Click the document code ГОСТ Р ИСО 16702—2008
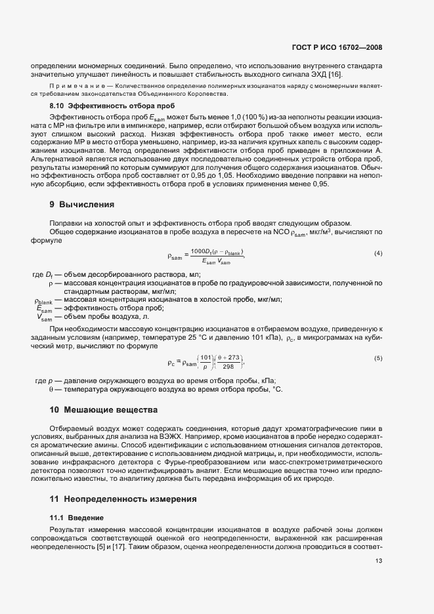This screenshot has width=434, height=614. tap(337, 47)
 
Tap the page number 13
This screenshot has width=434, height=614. tap(378, 561)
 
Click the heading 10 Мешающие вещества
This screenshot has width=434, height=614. tap(104, 410)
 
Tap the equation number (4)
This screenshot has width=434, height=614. tap(378, 253)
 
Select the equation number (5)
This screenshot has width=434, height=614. tap(378, 358)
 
